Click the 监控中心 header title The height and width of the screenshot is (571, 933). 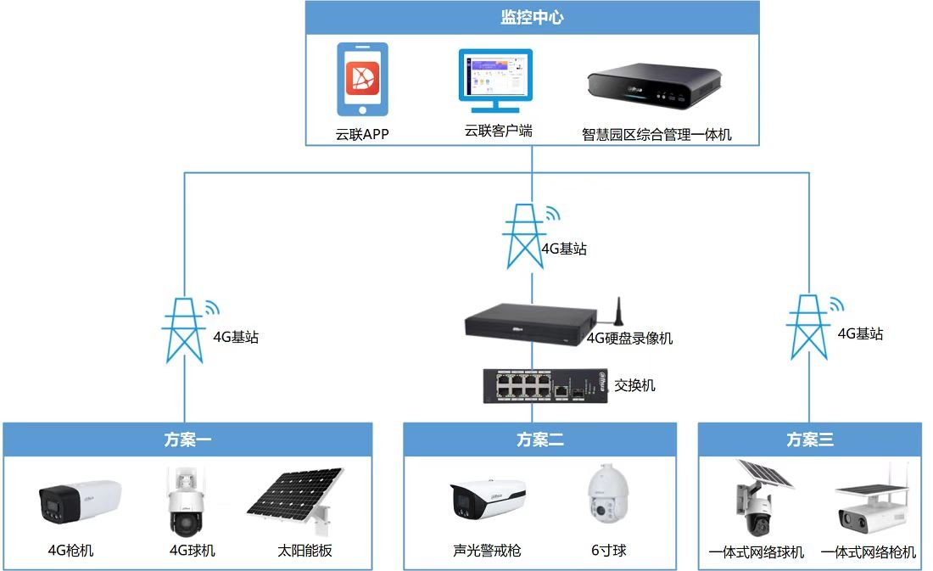532,17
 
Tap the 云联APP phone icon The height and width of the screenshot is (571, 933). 362,79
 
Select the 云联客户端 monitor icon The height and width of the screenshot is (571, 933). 495,81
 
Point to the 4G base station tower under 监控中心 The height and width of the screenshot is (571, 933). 524,236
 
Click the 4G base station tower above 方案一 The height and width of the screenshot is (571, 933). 184,330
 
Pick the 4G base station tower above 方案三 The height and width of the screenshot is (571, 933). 808,327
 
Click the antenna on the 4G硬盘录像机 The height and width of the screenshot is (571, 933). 619,311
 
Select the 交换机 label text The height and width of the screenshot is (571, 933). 634,385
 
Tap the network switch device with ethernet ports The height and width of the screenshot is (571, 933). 545,386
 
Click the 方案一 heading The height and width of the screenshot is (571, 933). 187,440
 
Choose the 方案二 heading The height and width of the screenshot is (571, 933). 539,440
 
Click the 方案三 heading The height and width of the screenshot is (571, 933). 810,440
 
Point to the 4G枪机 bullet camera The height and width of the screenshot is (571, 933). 80,501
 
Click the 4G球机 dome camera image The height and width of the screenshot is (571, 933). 187,501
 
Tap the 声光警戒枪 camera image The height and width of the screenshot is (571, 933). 488,499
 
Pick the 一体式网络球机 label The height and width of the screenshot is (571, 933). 756,552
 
